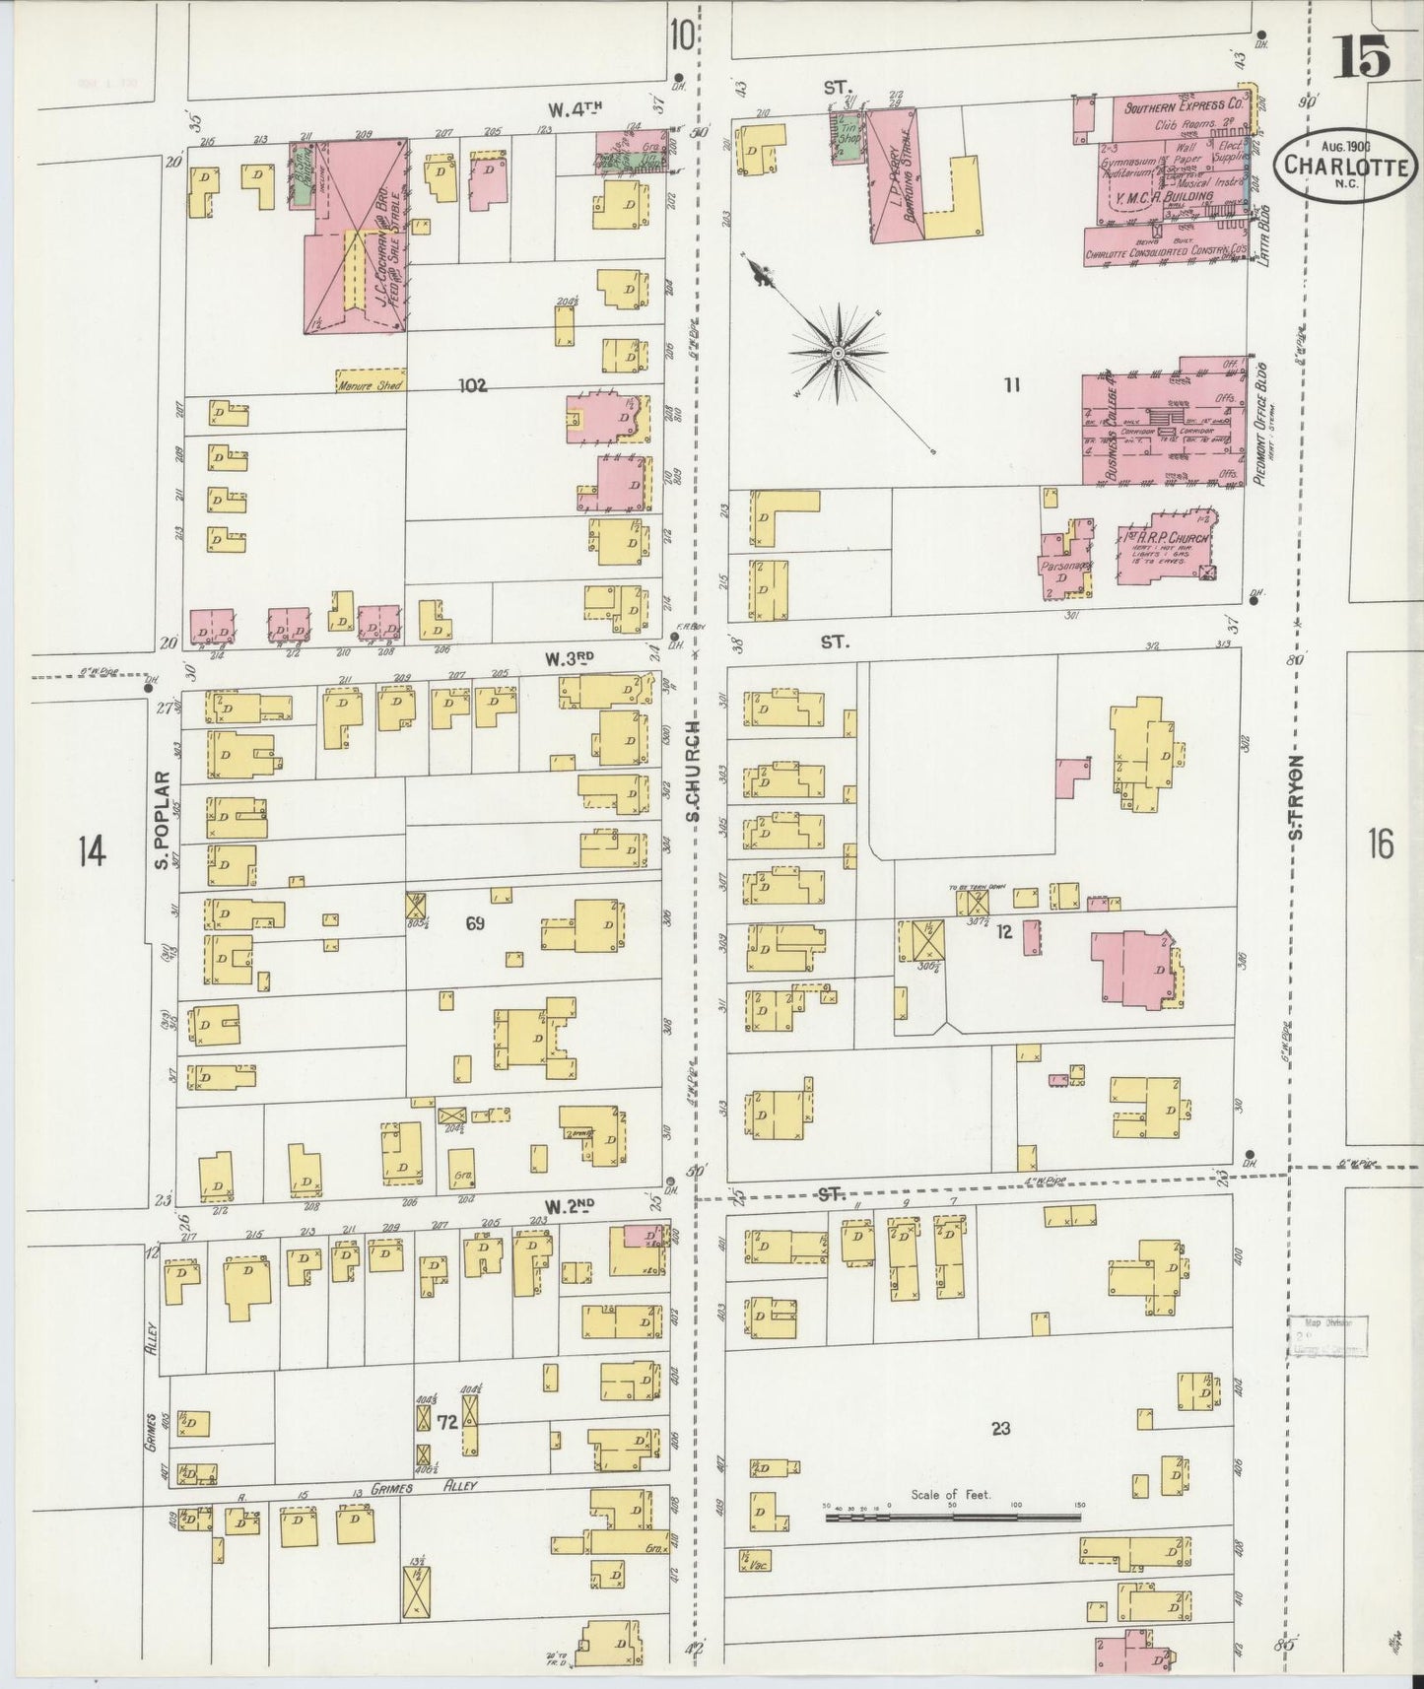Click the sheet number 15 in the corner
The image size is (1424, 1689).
(1364, 56)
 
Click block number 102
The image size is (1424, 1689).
(473, 385)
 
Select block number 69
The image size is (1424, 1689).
(476, 923)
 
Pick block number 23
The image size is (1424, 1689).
(1000, 1428)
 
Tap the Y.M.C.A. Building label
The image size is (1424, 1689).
(1163, 198)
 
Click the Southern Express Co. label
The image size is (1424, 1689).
(1183, 105)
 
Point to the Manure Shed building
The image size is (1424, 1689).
(370, 385)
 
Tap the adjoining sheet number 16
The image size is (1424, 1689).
(1380, 844)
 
